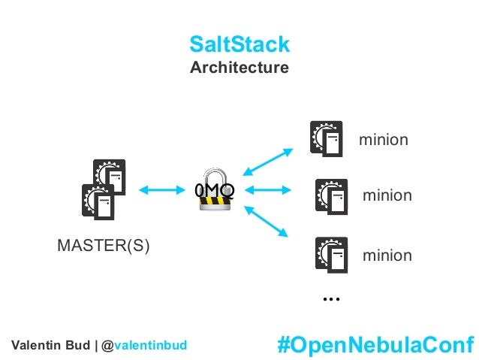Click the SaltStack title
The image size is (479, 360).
239,44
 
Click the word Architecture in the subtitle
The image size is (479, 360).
239,68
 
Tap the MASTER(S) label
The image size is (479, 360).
104,247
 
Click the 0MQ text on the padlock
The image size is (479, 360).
215,190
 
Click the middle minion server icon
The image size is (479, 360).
331,196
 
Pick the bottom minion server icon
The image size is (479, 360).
331,256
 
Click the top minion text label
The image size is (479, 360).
383,139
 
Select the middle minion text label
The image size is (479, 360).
387,196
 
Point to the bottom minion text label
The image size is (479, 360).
387,256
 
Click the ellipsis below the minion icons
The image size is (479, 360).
331,299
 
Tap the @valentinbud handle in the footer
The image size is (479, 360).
150,345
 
